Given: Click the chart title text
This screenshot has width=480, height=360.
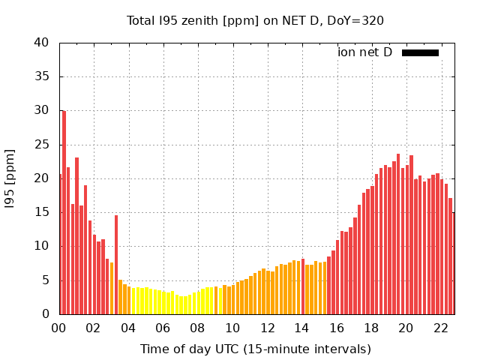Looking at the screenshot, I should click(255, 20).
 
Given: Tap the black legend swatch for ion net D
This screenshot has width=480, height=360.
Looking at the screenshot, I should click(420, 52).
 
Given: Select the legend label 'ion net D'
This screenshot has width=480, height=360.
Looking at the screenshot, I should click(364, 52).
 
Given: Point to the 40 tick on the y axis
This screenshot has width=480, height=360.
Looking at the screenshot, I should click(42, 42).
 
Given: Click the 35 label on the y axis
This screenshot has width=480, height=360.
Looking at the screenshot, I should click(42, 76).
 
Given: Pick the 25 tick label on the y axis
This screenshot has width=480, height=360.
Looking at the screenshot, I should click(42, 145).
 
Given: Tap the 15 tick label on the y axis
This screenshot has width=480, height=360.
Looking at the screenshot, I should click(42, 212).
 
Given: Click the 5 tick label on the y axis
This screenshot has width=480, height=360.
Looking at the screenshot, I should click(46, 280).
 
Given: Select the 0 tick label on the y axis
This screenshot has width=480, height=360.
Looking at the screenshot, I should click(46, 314).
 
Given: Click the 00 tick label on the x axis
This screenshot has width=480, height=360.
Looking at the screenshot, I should click(58, 328).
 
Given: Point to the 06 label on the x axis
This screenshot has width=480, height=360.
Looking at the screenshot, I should click(163, 328).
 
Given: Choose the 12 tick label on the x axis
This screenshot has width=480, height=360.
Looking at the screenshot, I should click(267, 328).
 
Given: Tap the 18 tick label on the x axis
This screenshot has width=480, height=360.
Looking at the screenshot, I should click(371, 328).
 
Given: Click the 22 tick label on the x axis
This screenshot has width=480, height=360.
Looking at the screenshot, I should click(440, 328).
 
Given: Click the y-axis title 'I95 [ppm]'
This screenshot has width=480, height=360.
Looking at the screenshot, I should click(10, 178).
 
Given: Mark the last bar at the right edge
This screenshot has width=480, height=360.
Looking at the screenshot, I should click(453, 263).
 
